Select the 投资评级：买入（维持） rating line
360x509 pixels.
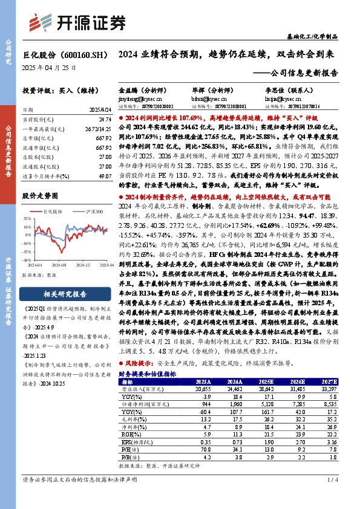[54, 90]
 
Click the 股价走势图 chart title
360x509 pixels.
[40, 196]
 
